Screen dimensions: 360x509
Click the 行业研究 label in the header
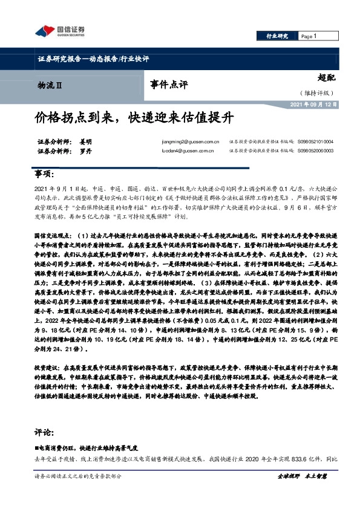point(278,37)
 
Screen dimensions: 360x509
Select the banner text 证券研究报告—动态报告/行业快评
point(93,59)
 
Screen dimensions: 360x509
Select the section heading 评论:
point(44,433)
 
